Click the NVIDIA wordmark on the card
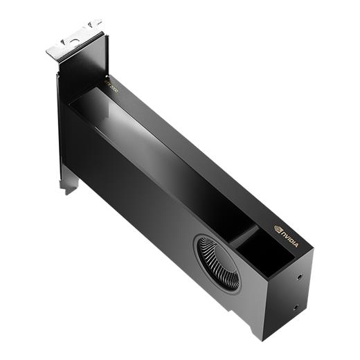point(289,238)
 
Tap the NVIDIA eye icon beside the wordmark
point(278,228)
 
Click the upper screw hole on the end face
point(299,276)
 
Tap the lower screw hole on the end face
point(296,308)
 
